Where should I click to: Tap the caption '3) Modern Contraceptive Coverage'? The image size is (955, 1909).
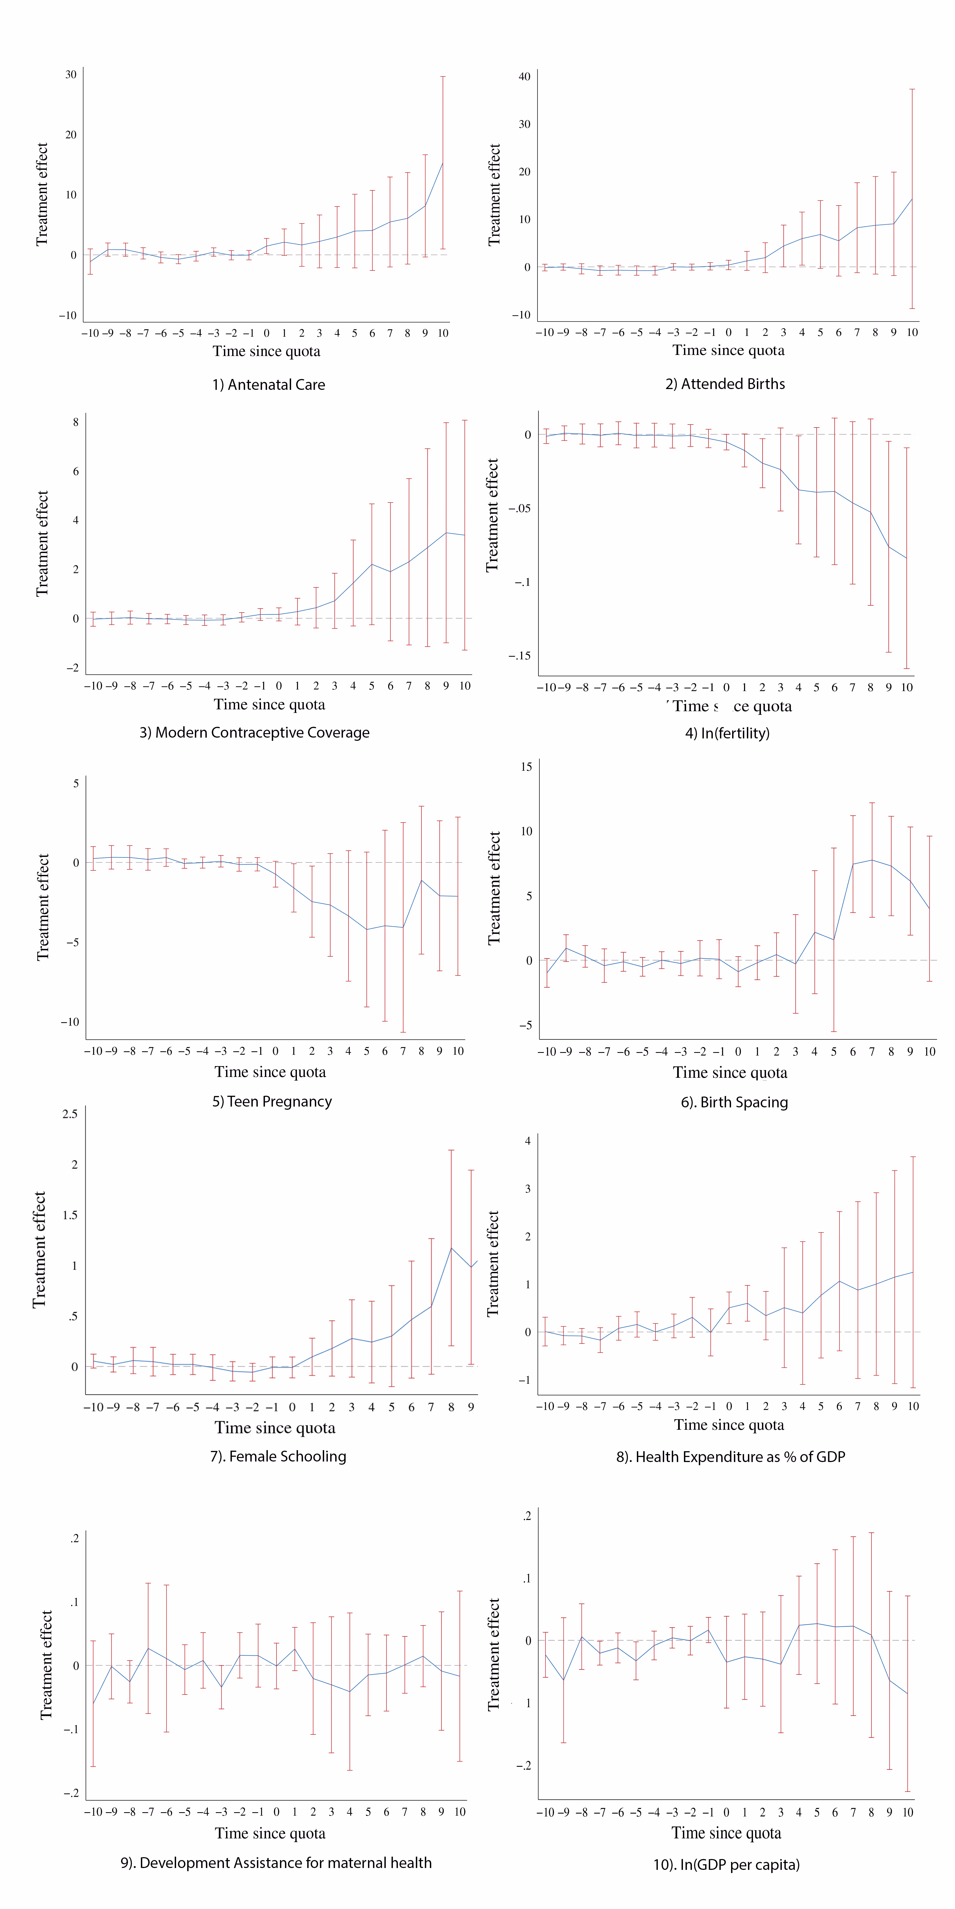[254, 732]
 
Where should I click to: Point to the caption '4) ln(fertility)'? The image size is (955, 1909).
[727, 733]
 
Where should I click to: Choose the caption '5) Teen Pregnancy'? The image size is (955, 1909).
[272, 1101]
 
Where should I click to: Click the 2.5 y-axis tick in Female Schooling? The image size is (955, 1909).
[70, 1114]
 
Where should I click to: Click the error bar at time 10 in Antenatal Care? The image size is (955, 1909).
[443, 163]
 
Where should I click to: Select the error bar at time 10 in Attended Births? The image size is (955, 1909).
[912, 199]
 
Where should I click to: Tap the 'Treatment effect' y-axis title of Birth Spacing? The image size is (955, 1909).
[494, 888]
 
